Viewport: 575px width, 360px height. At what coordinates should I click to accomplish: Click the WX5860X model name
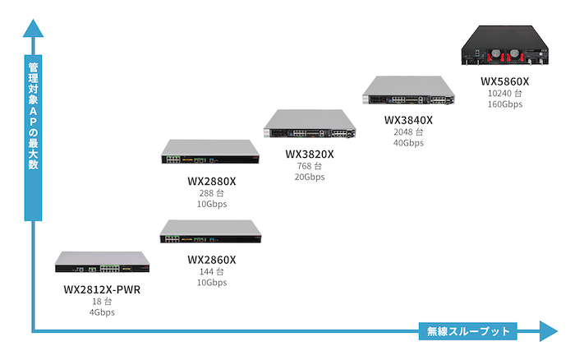[505, 81]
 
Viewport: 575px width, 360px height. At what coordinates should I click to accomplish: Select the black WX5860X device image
[505, 45]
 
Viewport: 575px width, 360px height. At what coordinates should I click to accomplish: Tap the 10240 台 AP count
[504, 94]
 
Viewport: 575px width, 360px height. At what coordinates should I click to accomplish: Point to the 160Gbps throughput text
[505, 104]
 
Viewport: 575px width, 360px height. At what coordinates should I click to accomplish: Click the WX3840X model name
[408, 120]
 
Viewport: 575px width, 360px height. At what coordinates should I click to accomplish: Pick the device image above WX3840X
[408, 90]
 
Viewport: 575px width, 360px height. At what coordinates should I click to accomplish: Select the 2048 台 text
[408, 132]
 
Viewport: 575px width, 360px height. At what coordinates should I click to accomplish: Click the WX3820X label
[310, 155]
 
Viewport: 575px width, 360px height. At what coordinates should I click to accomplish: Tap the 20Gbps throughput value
[310, 177]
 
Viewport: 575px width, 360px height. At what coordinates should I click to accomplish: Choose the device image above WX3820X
[310, 123]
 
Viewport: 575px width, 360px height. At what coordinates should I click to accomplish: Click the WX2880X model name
[212, 182]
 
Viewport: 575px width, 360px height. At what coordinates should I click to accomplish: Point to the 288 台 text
[212, 193]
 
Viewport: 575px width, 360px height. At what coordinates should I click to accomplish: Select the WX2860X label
[212, 260]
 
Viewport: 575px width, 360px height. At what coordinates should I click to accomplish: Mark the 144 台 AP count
[212, 272]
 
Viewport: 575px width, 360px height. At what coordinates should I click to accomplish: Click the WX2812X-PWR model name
[102, 289]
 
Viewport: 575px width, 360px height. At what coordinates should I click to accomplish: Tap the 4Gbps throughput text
[102, 312]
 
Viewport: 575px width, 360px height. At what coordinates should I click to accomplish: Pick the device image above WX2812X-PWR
[103, 262]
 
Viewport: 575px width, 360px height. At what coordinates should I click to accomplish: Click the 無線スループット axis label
[468, 331]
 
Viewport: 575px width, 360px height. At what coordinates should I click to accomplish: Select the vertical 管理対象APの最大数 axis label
[34, 116]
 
